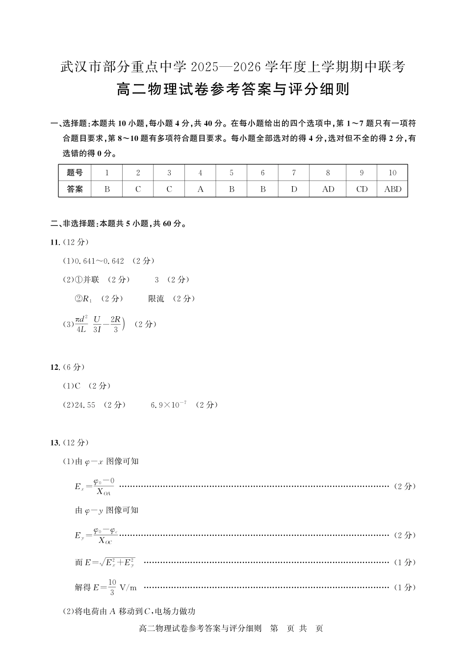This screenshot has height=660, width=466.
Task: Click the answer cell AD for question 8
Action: [328, 189]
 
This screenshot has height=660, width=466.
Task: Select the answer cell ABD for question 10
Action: [392, 189]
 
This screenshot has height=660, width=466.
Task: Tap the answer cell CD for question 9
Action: [362, 189]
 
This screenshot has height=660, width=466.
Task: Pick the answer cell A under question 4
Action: [200, 189]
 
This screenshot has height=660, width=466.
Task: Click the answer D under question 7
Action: [294, 189]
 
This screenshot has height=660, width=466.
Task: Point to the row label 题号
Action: [75, 173]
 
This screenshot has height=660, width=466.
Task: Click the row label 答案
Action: [75, 189]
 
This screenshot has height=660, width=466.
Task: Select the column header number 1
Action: [107, 173]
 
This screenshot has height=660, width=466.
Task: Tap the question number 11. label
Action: [55, 242]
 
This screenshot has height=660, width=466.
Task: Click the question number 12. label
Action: [55, 367]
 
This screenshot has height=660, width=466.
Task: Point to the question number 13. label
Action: [55, 443]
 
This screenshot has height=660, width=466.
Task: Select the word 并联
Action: [91, 280]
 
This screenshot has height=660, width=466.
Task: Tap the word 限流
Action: [156, 299]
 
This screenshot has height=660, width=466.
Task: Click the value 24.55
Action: [84, 405]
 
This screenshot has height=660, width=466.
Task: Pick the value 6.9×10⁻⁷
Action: [168, 405]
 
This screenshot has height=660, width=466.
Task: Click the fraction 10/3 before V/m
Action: [112, 587]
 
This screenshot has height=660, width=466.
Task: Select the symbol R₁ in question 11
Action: [87, 299]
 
